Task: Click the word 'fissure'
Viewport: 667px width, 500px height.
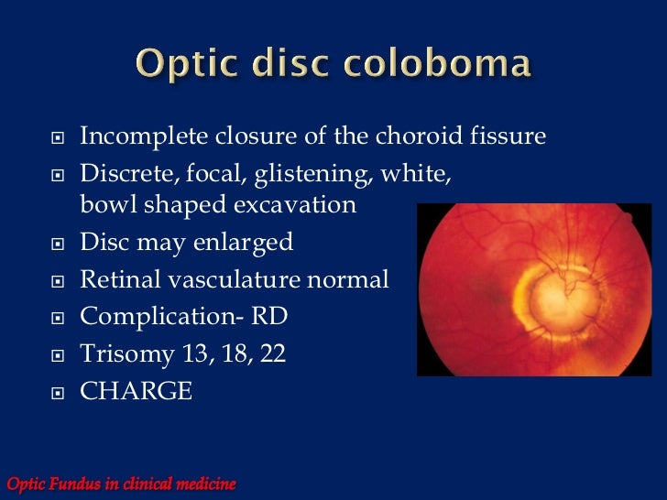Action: (511, 137)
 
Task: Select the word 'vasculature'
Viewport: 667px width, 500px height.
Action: (242, 279)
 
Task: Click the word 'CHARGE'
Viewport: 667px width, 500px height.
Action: (137, 391)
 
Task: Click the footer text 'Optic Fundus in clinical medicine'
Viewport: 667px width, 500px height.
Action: (121, 483)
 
